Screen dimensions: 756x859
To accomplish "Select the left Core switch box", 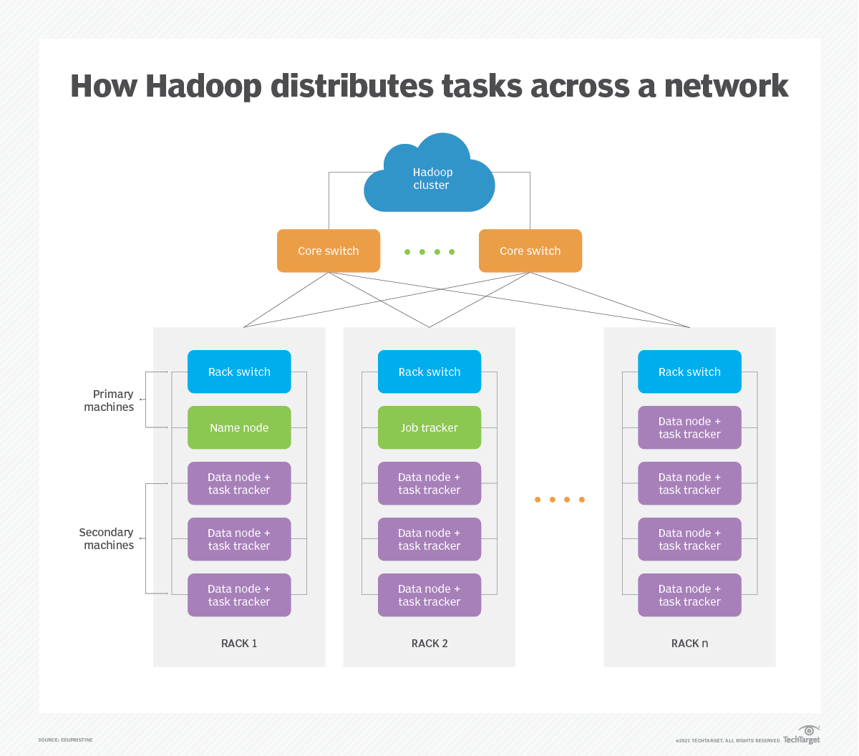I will pyautogui.click(x=329, y=251).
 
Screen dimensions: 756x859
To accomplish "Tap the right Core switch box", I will pyautogui.click(x=530, y=251).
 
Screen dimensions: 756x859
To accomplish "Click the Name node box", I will pyautogui.click(x=239, y=427).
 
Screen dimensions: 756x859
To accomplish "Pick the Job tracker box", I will pyautogui.click(x=429, y=427).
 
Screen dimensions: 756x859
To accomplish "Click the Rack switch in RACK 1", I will pyautogui.click(x=239, y=372).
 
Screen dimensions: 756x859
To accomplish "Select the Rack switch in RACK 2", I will pyautogui.click(x=429, y=372).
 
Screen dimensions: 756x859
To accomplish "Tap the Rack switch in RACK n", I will pyautogui.click(x=689, y=372).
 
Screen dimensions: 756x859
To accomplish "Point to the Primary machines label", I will pyautogui.click(x=110, y=400).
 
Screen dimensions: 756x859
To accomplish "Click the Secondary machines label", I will pyautogui.click(x=107, y=538).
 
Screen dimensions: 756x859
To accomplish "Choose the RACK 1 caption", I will pyautogui.click(x=239, y=643).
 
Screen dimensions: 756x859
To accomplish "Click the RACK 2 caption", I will pyautogui.click(x=429, y=643).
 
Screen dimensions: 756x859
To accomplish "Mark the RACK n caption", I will pyautogui.click(x=689, y=643).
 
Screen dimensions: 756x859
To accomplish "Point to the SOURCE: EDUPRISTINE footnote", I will pyautogui.click(x=65, y=740).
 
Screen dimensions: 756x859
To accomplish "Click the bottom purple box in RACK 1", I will pyautogui.click(x=239, y=595).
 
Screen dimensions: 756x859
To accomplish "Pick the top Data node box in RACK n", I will pyautogui.click(x=689, y=427).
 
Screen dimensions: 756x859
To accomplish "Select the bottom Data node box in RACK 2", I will pyautogui.click(x=429, y=595).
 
